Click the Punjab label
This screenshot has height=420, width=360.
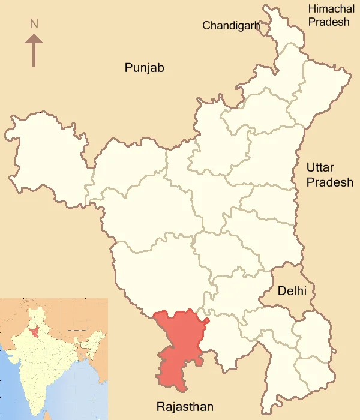[144, 67]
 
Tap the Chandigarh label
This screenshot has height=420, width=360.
[231, 25]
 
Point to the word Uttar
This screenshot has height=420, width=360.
[320, 167]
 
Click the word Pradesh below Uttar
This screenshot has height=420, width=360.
[330, 182]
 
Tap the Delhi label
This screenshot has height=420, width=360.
[292, 291]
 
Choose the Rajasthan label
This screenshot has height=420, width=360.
[185, 407]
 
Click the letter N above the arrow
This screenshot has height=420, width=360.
[34, 24]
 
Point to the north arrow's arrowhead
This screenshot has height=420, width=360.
[34, 39]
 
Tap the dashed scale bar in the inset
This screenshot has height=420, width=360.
[77, 331]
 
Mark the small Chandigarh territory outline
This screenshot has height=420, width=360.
[265, 28]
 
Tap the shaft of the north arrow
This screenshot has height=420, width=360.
[34, 54]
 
